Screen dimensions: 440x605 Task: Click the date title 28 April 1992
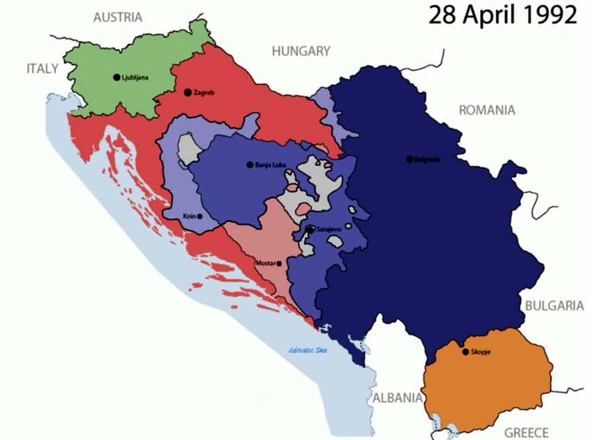click(502, 15)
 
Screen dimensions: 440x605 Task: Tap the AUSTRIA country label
click(118, 17)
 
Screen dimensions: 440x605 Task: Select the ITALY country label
click(42, 68)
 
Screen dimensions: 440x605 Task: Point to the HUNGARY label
click(300, 51)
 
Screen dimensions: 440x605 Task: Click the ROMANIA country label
click(487, 110)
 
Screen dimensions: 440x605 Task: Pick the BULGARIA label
click(553, 306)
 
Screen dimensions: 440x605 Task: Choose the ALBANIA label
click(397, 398)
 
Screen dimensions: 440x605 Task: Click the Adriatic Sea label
click(308, 349)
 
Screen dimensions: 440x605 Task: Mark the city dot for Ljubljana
click(117, 77)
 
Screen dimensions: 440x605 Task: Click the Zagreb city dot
click(188, 92)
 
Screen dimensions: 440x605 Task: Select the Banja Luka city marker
click(250, 164)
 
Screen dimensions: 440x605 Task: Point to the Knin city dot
click(199, 216)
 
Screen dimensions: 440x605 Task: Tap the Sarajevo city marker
click(311, 230)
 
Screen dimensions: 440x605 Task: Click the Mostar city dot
click(279, 263)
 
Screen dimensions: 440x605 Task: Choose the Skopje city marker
click(465, 352)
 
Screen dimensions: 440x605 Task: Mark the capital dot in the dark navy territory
click(409, 159)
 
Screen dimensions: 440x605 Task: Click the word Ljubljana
click(135, 77)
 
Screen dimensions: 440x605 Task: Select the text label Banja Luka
click(269, 165)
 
